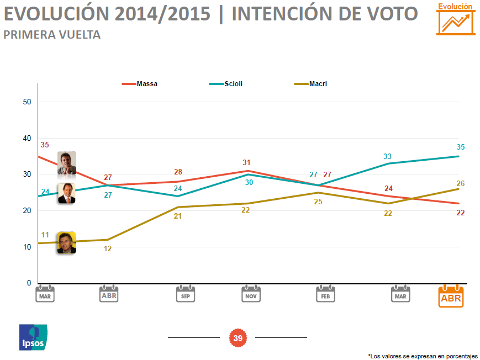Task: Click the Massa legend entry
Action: pos(140,84)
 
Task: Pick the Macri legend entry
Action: pos(311,84)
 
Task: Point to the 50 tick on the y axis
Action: pos(27,102)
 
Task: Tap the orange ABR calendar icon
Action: pos(451,297)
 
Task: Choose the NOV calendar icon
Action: pos(251,294)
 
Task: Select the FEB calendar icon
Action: pos(326,294)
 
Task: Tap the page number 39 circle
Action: pos(238,338)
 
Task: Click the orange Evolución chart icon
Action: pos(456,19)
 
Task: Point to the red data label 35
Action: pos(45,145)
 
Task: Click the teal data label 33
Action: pos(388,157)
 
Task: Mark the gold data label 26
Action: pos(460,183)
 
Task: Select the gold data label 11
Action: pos(45,235)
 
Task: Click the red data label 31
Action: pos(247,162)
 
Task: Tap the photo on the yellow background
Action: pos(66,242)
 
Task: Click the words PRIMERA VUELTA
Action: pos(52,35)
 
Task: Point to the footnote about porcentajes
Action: pos(423,356)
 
